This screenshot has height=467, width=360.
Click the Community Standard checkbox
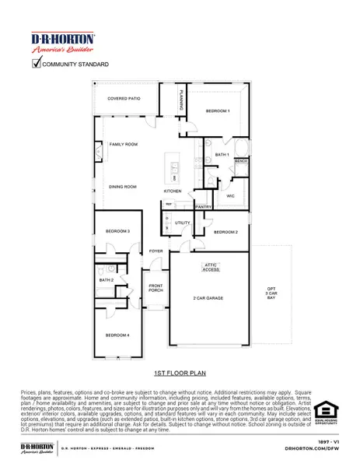(x=36, y=64)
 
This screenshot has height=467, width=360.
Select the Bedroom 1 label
(x=217, y=112)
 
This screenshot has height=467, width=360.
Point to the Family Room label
(x=123, y=145)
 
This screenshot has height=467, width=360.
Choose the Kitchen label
(x=172, y=191)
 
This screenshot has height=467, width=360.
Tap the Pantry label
(x=204, y=207)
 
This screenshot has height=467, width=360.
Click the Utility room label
(x=182, y=223)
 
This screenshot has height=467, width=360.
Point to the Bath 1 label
(x=222, y=155)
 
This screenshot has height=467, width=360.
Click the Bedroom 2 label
(x=225, y=232)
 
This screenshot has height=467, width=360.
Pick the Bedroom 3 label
(x=117, y=231)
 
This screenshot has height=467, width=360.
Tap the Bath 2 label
(x=107, y=279)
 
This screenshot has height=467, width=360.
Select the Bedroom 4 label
(x=117, y=335)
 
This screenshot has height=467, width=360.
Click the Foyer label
(x=156, y=251)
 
